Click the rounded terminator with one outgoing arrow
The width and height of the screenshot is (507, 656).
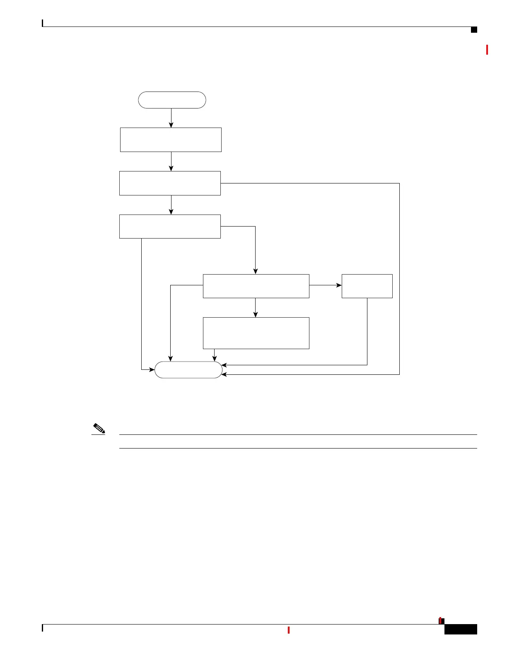click(x=172, y=100)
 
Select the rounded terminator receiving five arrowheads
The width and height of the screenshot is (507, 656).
click(x=188, y=370)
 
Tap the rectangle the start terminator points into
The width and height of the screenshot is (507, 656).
click(x=171, y=140)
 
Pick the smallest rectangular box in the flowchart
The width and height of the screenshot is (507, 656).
click(x=367, y=286)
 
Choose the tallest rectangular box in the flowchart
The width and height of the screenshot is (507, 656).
click(x=256, y=333)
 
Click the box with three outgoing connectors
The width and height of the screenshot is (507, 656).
click(x=256, y=286)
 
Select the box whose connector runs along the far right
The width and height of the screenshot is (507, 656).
click(x=170, y=183)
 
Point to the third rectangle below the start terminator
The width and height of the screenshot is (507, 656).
click(x=170, y=227)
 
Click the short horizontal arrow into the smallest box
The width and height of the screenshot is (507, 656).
click(x=326, y=285)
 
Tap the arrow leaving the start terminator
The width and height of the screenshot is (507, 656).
click(x=171, y=118)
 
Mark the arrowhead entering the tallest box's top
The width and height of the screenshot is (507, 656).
click(x=256, y=315)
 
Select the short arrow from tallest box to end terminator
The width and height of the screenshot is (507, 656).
click(x=214, y=355)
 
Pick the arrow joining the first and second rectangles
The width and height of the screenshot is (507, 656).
click(x=171, y=162)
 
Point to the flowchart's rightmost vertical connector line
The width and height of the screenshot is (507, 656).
click(x=399, y=279)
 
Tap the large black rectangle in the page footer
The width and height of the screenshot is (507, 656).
click(x=461, y=629)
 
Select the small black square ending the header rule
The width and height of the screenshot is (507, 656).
click(x=474, y=30)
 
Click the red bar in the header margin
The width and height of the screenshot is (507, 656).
click(x=487, y=50)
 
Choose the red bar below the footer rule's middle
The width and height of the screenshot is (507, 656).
click(x=288, y=630)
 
